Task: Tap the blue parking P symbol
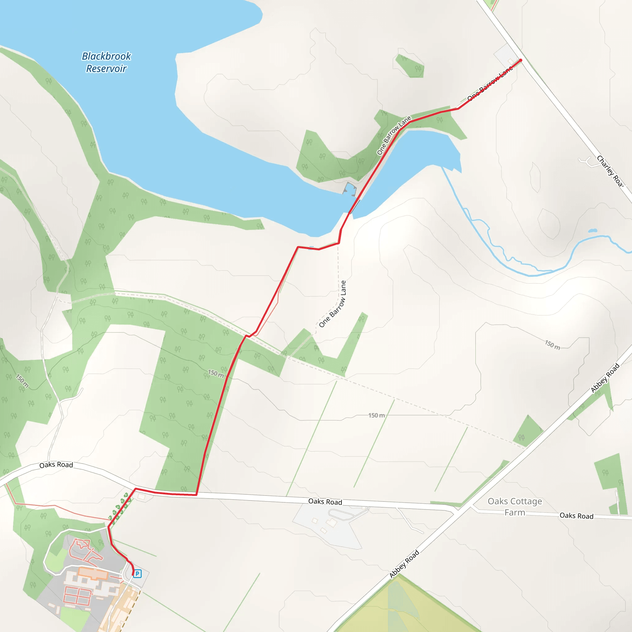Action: tap(137, 573)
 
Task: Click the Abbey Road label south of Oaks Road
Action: tap(404, 564)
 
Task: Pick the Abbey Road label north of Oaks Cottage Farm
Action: tap(605, 378)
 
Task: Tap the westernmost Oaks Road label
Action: tap(56, 465)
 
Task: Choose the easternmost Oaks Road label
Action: tap(576, 516)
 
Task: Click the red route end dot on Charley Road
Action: tap(521, 60)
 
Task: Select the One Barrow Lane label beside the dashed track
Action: tap(332, 304)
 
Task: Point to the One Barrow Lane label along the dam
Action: tap(394, 135)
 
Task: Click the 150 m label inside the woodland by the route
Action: tap(216, 373)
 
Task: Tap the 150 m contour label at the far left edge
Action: tap(22, 381)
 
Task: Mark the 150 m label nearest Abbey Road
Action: tap(552, 345)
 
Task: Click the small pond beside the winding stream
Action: tap(592, 231)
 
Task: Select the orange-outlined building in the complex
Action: tap(93, 573)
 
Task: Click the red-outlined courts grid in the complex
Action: tap(77, 595)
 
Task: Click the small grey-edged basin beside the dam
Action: tap(350, 189)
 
